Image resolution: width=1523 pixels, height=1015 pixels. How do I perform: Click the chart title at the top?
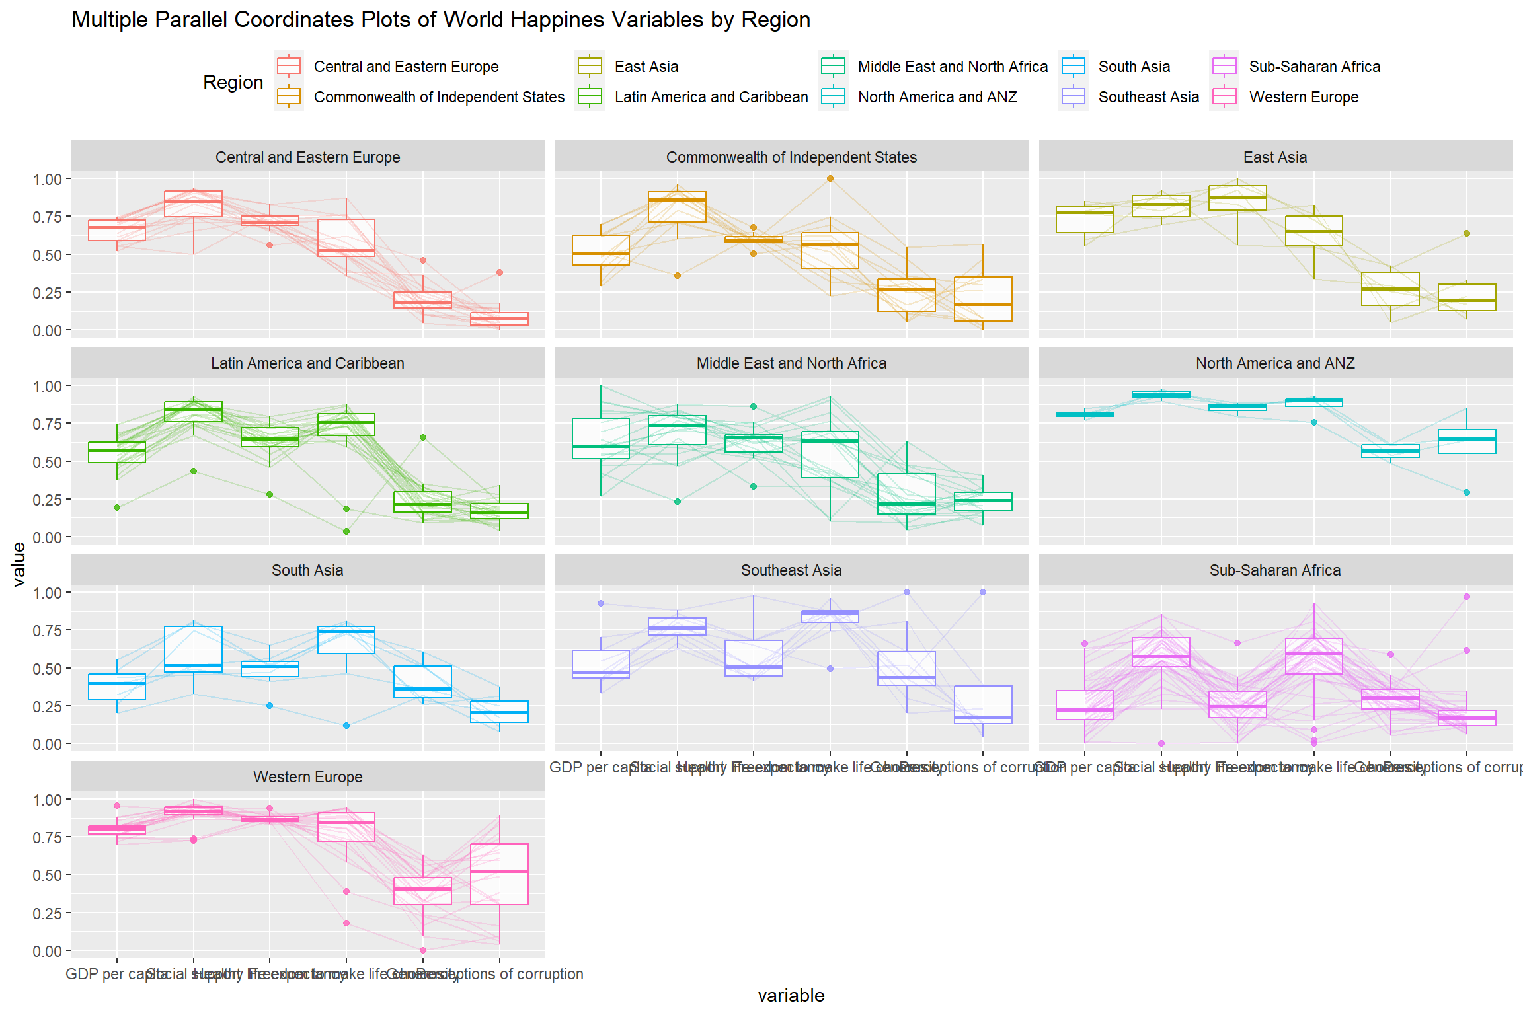point(441,20)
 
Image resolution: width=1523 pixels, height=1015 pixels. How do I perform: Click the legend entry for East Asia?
point(646,67)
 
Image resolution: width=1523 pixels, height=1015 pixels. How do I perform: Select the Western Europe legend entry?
point(1303,97)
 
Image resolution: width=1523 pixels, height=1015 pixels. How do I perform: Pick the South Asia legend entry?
point(1134,67)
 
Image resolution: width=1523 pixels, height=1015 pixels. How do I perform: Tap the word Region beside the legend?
point(233,82)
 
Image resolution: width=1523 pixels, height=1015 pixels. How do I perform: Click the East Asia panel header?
point(1275,157)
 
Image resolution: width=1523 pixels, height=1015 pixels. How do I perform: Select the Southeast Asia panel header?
point(791,570)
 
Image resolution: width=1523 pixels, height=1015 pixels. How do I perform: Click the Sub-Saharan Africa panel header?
point(1275,570)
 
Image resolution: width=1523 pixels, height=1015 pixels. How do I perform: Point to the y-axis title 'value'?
point(19,564)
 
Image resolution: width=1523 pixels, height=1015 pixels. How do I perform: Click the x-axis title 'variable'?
point(791,995)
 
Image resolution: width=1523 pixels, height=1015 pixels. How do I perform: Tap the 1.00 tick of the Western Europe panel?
point(47,800)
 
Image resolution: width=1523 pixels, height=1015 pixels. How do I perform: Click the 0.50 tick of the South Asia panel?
point(47,669)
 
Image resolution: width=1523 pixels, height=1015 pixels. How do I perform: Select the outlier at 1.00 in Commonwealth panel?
point(830,178)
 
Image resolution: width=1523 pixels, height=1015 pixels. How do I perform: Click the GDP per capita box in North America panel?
point(1085,414)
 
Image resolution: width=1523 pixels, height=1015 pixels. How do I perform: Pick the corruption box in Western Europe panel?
point(499,874)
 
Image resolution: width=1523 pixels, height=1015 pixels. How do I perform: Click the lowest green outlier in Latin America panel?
point(346,531)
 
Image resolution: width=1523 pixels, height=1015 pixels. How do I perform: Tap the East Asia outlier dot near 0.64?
point(1467,233)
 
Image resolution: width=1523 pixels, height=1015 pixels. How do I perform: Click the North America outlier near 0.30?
point(1467,492)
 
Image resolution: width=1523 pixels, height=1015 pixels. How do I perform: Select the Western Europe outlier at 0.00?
point(423,950)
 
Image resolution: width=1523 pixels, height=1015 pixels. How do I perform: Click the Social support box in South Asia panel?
point(194,649)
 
